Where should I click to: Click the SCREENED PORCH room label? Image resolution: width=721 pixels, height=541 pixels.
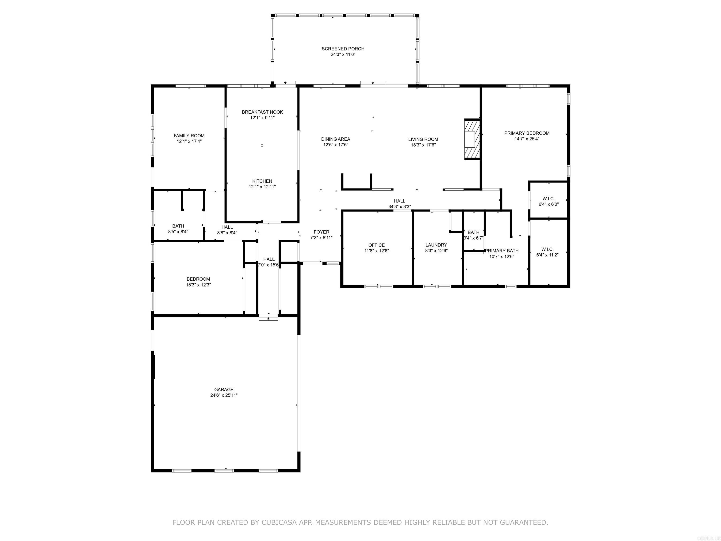point(343,49)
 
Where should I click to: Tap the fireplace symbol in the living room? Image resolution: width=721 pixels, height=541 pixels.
point(472,139)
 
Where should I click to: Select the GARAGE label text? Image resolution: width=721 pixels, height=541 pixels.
point(224,389)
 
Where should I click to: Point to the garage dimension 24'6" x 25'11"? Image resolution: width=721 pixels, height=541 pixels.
point(224,395)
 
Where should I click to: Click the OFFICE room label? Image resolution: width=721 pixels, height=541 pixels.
point(376,245)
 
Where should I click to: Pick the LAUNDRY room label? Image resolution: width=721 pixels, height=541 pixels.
point(436,245)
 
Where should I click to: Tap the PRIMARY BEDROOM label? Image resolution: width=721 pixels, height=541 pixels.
point(527,133)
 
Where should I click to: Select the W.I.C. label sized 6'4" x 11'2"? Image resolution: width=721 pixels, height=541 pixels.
point(547,249)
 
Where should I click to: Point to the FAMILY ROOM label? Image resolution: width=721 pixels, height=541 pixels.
point(189,136)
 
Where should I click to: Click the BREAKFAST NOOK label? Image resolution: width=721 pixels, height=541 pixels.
point(262,112)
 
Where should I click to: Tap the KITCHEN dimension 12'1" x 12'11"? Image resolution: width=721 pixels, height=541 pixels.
point(262,187)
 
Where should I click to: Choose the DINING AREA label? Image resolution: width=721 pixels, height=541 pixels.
point(336,139)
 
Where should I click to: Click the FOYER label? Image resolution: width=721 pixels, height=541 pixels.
point(321,232)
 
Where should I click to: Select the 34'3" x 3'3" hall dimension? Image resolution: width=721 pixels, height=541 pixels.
point(400,206)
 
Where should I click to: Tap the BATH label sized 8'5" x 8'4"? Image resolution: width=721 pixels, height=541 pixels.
point(178,226)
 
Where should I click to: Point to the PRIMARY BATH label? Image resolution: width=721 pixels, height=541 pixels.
point(502,251)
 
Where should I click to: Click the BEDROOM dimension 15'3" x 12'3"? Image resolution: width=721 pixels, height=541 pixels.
point(198,285)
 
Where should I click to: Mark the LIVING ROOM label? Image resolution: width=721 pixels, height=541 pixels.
point(423,139)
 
